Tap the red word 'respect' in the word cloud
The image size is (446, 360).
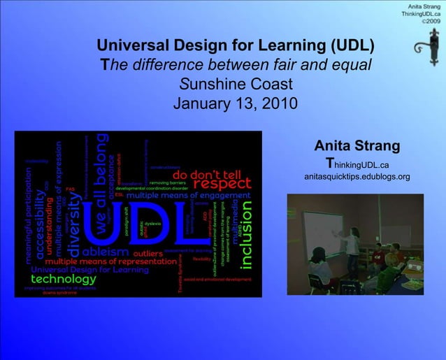pos(222,183)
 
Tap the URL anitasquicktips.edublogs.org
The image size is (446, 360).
pos(357,177)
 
